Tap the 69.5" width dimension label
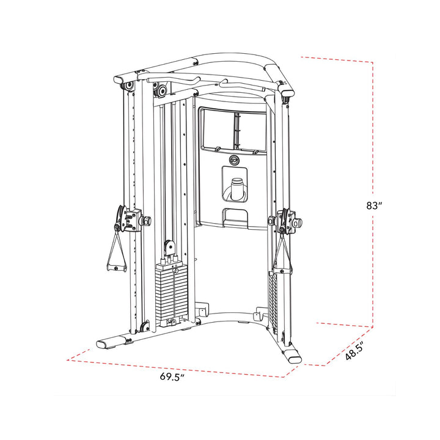(x=172, y=376)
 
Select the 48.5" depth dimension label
(x=354, y=352)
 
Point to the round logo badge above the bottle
(x=235, y=160)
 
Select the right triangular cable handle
(x=282, y=253)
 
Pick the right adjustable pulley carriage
(x=285, y=221)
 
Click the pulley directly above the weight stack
(x=168, y=248)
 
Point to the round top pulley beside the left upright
(x=161, y=91)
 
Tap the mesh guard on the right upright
(x=273, y=299)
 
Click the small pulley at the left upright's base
(x=144, y=326)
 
